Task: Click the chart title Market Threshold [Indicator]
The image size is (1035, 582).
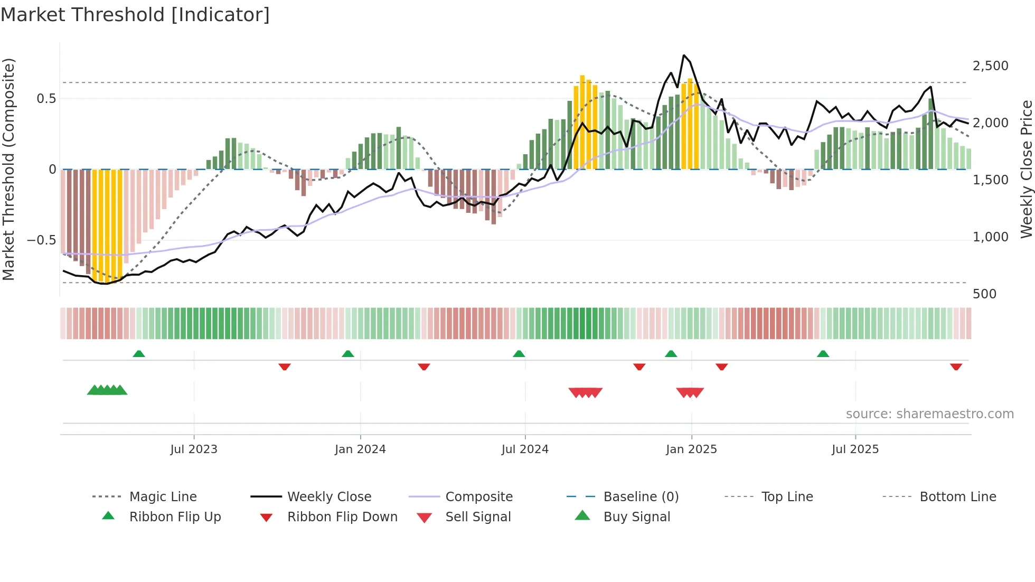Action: coord(135,15)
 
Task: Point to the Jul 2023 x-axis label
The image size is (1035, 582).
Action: coord(194,449)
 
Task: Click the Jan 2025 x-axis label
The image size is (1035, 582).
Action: coord(691,449)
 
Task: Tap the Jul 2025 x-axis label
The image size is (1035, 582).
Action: coord(855,449)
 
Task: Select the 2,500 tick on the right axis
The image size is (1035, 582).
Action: coord(990,66)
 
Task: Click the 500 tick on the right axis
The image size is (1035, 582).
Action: coord(984,294)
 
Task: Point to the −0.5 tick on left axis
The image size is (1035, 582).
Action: coord(41,240)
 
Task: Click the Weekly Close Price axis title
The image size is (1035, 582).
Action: coord(1026,169)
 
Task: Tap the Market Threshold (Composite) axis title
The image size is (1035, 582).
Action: coord(8,169)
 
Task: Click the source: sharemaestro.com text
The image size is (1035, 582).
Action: coord(929,414)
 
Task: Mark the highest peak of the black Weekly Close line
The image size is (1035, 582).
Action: coord(684,55)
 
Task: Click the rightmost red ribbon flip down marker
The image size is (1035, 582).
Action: coord(956,367)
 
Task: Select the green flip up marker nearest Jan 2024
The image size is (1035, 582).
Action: coord(348,354)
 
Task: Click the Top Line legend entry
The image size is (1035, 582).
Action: coord(787,497)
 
